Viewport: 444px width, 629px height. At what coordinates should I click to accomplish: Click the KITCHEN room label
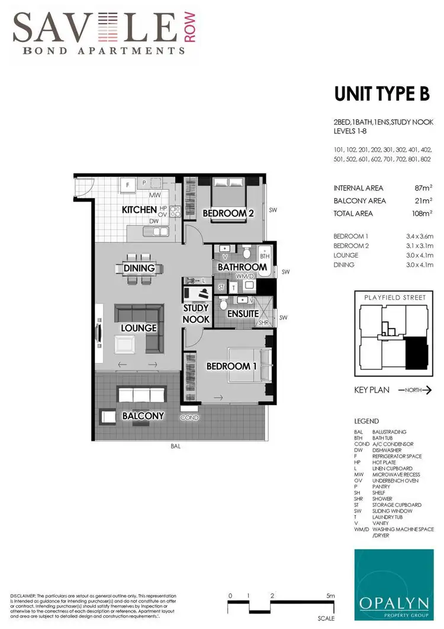[140, 210]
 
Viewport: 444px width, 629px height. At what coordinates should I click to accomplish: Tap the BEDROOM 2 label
[228, 213]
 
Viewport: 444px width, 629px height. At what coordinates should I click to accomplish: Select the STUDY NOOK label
[196, 314]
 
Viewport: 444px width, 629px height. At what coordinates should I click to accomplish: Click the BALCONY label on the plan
[143, 416]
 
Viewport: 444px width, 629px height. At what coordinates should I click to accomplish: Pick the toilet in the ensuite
[224, 305]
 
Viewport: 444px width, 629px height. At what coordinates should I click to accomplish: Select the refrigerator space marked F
[127, 186]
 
